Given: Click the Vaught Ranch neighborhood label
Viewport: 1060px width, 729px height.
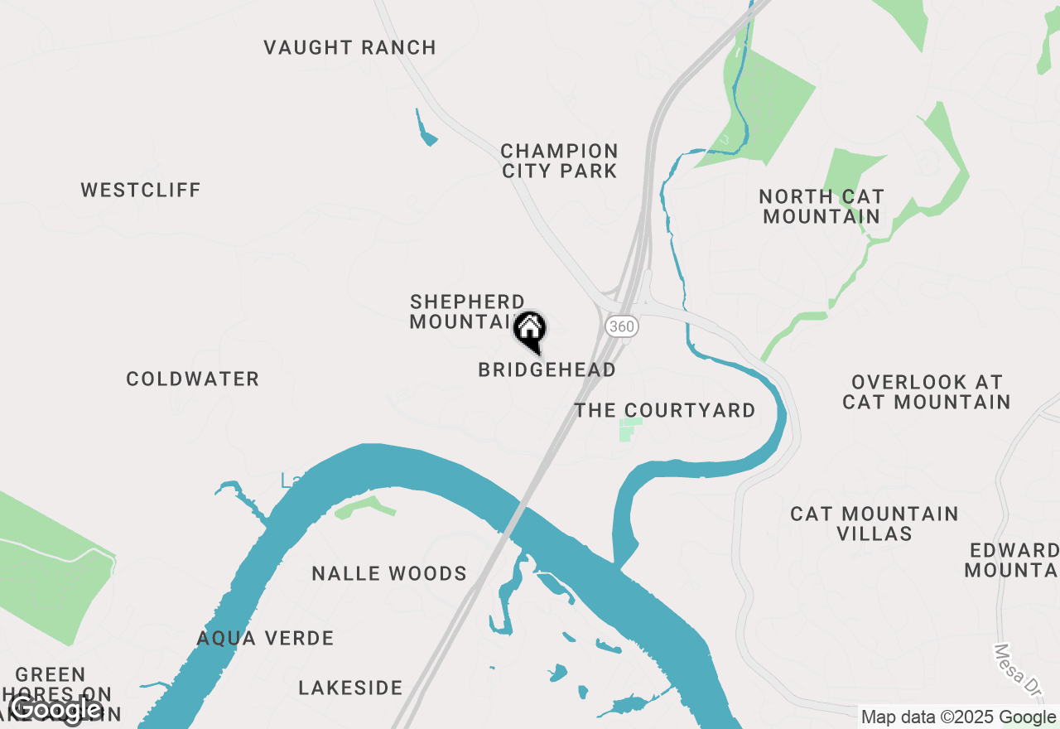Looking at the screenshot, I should coord(349,48).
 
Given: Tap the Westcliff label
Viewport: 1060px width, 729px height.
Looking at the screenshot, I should coord(141,191).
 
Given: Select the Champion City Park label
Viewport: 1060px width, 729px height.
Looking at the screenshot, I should coord(560,162).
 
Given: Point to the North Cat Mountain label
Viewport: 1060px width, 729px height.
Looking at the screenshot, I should coord(821,207).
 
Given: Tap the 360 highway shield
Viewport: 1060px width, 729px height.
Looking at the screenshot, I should coord(621,326).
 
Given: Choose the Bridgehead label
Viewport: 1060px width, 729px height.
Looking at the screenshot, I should coord(547,370).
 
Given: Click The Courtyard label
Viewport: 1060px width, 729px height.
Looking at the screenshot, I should coord(665,411).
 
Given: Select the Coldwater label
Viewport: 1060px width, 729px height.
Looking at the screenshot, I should coord(193,379).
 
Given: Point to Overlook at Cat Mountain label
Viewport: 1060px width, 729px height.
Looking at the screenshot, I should coord(927,393).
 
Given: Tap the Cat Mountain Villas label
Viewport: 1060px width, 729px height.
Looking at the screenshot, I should coord(874,524).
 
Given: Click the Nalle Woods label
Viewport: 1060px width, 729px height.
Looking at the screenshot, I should coord(389,574).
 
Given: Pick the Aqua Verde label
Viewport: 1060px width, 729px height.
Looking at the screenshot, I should coord(265,639).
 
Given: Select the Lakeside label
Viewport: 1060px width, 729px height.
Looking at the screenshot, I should coord(350,688).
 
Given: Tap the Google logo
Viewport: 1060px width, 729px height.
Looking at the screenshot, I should coord(55,710).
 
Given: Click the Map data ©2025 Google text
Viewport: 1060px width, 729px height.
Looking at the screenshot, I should coord(958,717).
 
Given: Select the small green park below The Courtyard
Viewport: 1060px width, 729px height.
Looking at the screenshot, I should coord(630,430).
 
